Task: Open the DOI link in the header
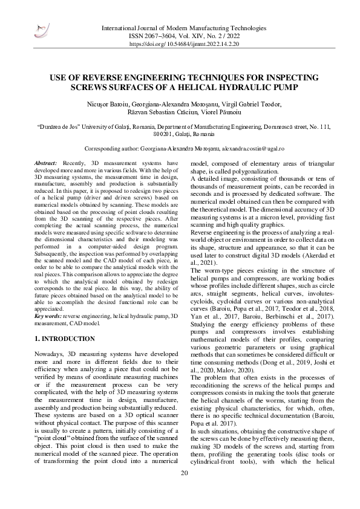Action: click(183, 44)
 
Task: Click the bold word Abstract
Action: click(45, 164)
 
